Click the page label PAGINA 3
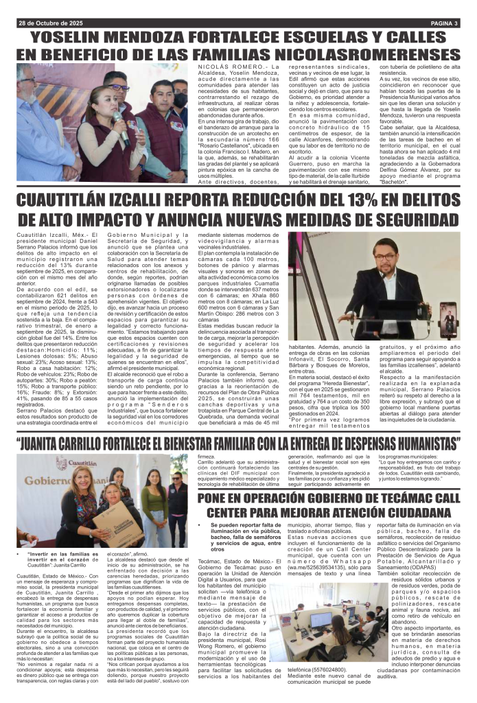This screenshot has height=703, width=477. point(439,23)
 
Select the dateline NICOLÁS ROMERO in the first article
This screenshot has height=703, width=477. point(216,67)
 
